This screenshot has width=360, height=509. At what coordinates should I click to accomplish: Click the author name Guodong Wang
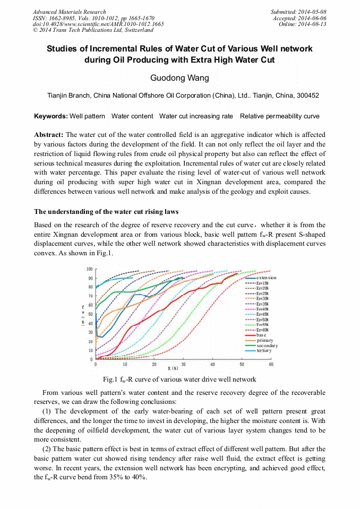point(179,78)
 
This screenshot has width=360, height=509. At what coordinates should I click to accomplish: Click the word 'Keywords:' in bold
point(51,116)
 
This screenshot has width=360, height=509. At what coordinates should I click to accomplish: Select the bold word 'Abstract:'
point(49,135)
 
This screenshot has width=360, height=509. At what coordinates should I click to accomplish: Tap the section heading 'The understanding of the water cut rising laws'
point(110,212)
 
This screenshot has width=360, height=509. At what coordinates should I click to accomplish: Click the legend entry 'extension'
point(266,278)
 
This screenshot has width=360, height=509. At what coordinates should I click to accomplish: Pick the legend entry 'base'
point(261,335)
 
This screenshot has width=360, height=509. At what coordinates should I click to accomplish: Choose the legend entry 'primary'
point(264,340)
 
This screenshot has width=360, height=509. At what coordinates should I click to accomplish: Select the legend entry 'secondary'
point(267,346)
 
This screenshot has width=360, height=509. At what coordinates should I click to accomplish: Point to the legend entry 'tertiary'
point(264,350)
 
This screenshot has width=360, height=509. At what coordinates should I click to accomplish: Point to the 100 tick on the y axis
point(90,269)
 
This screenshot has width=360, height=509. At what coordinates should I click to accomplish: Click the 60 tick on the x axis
point(271,365)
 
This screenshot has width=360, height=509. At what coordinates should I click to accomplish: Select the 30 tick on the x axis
point(183,365)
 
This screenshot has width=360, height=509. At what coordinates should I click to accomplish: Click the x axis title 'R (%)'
point(173,368)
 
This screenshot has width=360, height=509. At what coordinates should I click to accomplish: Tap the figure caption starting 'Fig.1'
point(179,379)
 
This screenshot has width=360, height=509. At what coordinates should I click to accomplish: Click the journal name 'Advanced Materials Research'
point(69,12)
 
